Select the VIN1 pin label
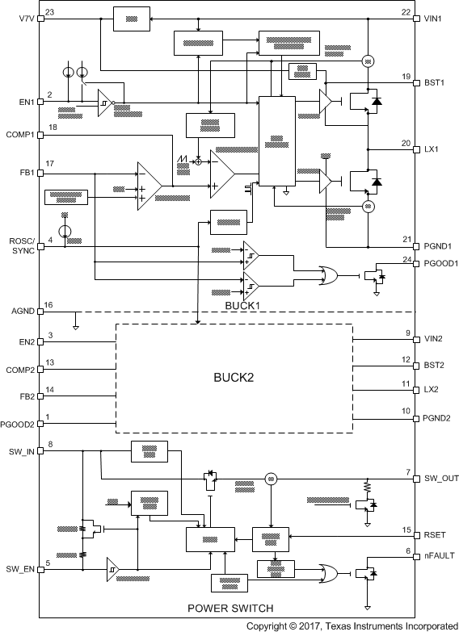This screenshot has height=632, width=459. (433, 15)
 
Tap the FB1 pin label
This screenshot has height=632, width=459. (15, 172)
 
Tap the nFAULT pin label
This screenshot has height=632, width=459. (438, 556)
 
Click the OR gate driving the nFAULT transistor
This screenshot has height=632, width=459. (329, 572)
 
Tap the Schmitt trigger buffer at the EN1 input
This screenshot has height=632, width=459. (104, 103)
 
